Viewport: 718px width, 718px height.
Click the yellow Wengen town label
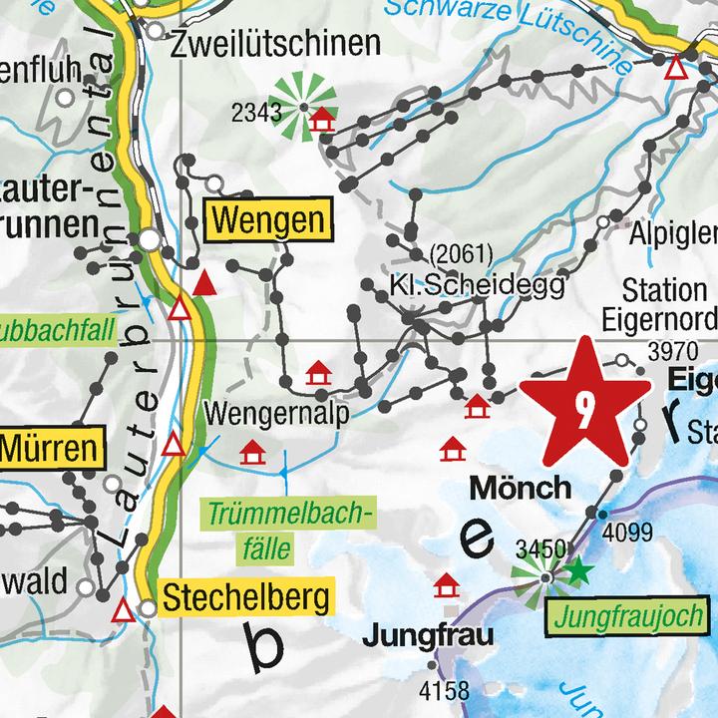pyautogui.click(x=266, y=219)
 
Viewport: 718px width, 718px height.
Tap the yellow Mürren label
pyautogui.click(x=52, y=448)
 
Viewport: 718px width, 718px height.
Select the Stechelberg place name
pyautogui.click(x=245, y=598)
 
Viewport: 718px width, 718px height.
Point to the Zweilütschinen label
pyautogui.click(x=276, y=44)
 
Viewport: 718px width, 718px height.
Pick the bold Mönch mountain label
pyautogui.click(x=521, y=488)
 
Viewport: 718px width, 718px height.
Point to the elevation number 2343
pyautogui.click(x=255, y=113)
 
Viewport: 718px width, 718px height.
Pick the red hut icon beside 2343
pyautogui.click(x=321, y=121)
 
